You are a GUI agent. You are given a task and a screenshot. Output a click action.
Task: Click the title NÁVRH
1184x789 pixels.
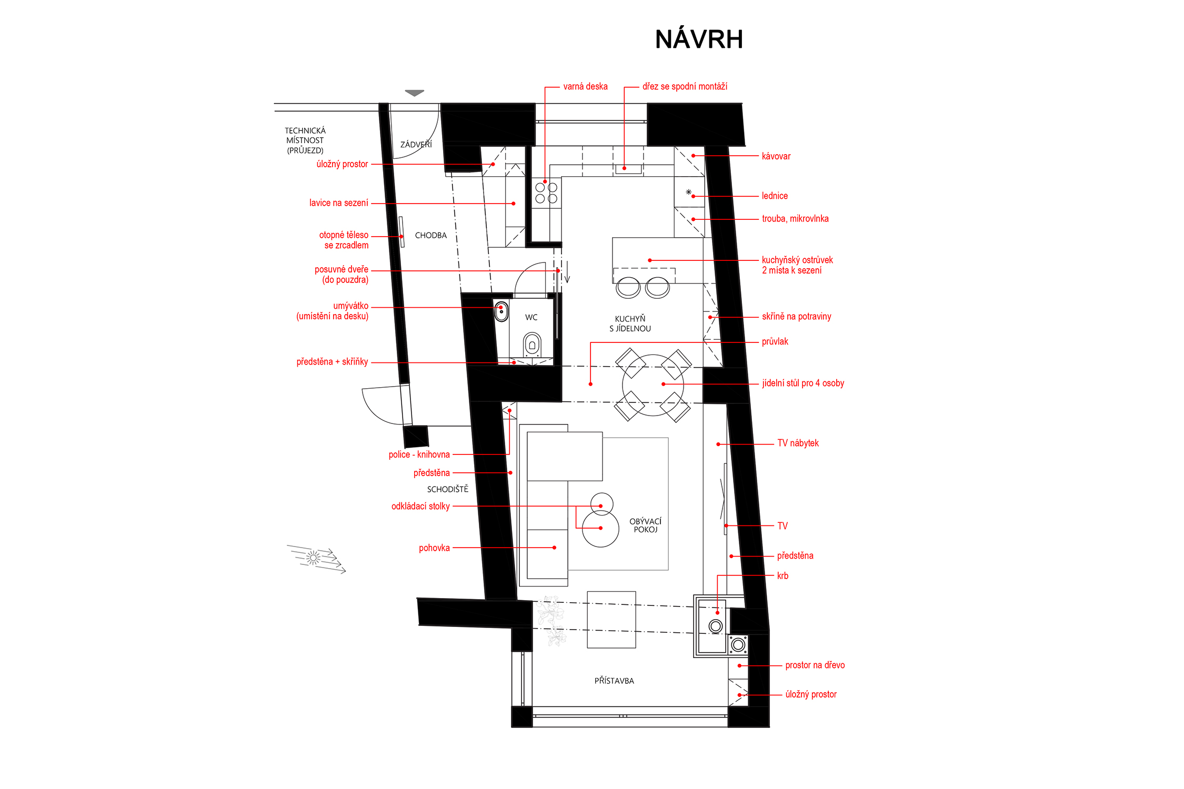[x=699, y=39]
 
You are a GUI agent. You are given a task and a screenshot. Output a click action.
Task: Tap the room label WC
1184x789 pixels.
[x=531, y=317]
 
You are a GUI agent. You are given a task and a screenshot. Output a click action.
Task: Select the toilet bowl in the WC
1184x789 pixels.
[x=532, y=344]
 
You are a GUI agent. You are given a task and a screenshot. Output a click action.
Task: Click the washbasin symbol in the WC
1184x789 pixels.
[x=501, y=311]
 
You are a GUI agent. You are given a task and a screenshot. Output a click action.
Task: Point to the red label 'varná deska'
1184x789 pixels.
[x=585, y=86]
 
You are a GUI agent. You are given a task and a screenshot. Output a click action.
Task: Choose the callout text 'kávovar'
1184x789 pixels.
[x=776, y=156]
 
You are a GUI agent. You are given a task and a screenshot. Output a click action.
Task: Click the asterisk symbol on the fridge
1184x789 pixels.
[x=688, y=193]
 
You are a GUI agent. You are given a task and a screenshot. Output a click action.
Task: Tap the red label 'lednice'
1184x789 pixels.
[x=775, y=196]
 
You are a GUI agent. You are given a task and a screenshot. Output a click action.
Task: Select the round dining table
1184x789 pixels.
[x=653, y=385]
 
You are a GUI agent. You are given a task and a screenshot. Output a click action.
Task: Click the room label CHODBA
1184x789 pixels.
[x=431, y=236]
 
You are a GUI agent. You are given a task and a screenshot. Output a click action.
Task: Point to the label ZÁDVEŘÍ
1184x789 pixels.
[x=416, y=144]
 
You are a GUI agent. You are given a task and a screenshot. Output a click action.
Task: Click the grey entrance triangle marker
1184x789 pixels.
[x=415, y=93]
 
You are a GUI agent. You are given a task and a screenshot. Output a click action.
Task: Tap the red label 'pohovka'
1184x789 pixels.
[x=434, y=548]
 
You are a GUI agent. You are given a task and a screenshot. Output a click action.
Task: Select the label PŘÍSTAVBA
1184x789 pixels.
[x=614, y=681]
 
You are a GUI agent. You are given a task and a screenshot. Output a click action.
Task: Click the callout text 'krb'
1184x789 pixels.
[x=782, y=576]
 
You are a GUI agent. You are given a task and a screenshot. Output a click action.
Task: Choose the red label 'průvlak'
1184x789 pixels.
[x=775, y=342]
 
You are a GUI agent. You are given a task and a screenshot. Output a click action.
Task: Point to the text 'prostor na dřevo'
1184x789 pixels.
[x=815, y=665]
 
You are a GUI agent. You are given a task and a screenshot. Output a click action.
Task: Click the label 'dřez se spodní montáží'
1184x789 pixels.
[x=685, y=86]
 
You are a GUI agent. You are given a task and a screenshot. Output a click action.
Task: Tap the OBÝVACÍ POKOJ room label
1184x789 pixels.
[x=646, y=525]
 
